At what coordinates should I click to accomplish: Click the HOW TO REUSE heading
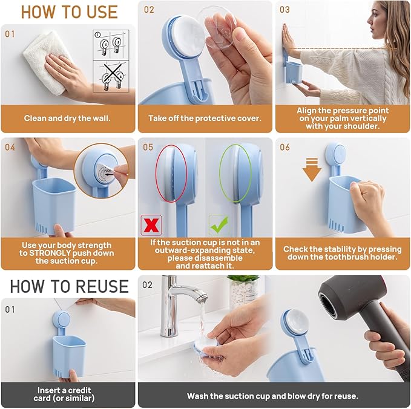tap(68, 286)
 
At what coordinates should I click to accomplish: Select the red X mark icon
tap(150, 224)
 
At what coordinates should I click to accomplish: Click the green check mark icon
tap(218, 224)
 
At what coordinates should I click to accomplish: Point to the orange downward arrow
tap(312, 170)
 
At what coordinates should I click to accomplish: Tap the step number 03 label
tap(284, 10)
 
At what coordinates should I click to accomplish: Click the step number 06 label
tap(284, 147)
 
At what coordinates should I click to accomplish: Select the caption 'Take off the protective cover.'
tap(205, 119)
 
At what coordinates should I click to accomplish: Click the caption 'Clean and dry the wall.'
tap(68, 119)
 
